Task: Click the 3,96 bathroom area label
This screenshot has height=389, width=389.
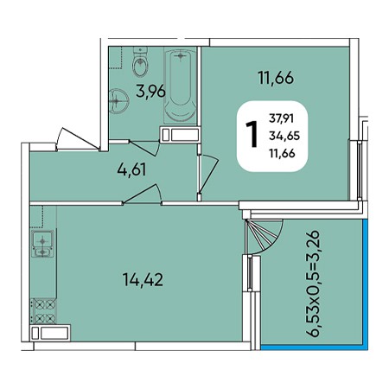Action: click(150, 91)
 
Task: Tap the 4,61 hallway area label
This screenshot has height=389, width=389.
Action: click(131, 169)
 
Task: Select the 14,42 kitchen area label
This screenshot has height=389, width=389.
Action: click(143, 279)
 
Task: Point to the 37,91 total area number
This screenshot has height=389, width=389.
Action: click(281, 118)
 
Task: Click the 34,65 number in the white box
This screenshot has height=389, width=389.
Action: click(284, 136)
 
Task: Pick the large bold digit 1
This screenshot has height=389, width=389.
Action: click(252, 134)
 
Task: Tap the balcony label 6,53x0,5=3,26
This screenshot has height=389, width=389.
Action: click(313, 284)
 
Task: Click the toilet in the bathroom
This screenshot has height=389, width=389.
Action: click(141, 61)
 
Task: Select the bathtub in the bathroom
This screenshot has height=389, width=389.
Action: click(180, 86)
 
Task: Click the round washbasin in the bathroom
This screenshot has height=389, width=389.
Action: click(119, 100)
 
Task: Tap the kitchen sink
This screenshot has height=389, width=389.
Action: click(42, 244)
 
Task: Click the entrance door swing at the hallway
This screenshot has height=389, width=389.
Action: click(77, 139)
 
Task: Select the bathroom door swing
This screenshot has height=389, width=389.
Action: click(144, 148)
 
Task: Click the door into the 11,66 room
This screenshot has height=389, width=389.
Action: click(208, 174)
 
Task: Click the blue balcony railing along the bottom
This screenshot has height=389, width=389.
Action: click(315, 348)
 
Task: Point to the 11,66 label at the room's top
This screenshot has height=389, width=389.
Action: click(276, 78)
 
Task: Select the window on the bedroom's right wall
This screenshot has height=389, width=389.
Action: click(359, 170)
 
